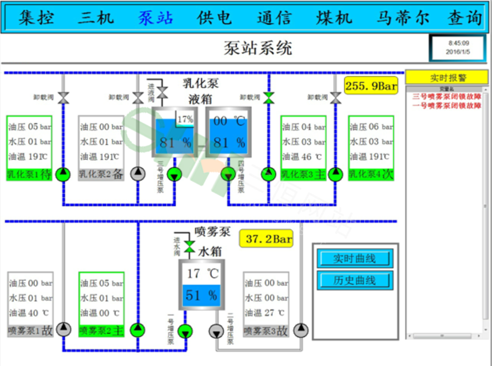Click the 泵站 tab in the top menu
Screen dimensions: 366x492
coord(155,18)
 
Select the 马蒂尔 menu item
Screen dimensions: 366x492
coord(403,18)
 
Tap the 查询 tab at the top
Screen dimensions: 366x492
coord(465,18)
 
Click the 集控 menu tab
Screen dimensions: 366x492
coord(36,18)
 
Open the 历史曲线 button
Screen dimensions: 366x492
coord(355,280)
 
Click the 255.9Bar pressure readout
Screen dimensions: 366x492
coord(371,86)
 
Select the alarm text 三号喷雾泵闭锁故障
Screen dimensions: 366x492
coord(447,96)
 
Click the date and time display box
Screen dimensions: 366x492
coord(458,48)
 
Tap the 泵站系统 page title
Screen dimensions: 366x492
coord(258,48)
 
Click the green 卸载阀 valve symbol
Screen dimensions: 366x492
coord(269,98)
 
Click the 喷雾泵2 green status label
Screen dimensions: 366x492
coord(101,331)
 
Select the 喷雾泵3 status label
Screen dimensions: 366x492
coord(266,331)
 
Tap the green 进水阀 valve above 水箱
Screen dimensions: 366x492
coord(189,246)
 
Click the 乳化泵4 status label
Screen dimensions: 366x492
coord(371,174)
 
